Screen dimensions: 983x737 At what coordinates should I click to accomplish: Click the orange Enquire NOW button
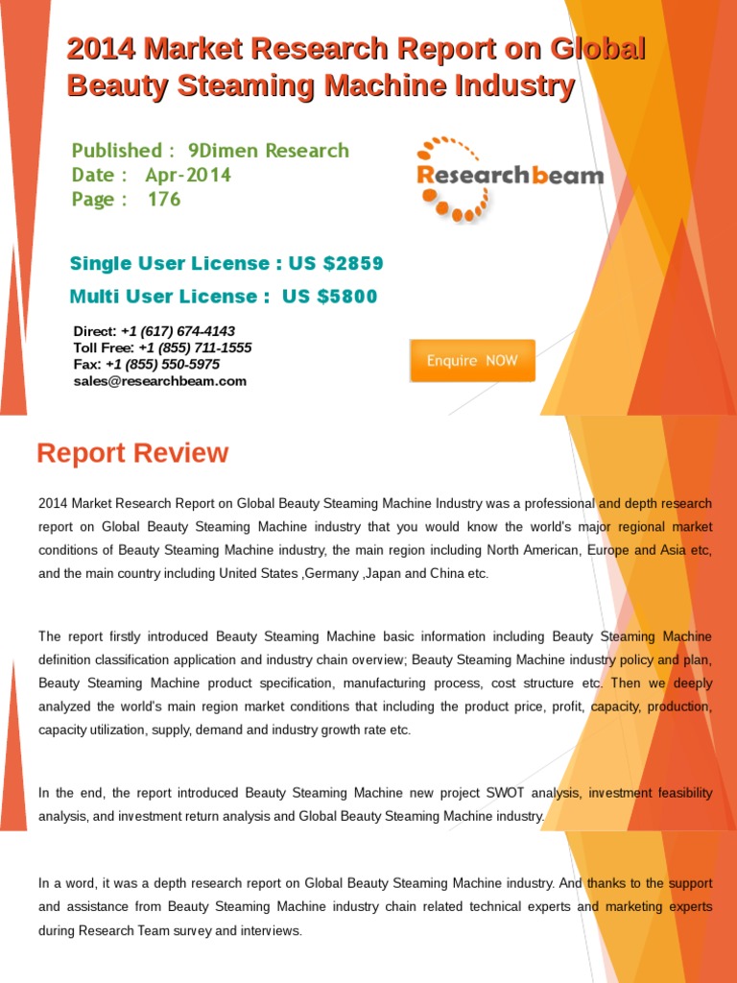[x=472, y=361]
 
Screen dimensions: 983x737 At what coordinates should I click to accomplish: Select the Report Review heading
[x=132, y=453]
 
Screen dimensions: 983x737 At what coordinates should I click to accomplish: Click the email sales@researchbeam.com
[x=160, y=381]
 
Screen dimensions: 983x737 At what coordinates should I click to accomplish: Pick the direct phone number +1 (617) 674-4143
[x=178, y=331]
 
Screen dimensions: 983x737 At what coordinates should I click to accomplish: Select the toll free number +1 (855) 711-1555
[x=195, y=348]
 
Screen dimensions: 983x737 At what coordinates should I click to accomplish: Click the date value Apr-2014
[x=188, y=175]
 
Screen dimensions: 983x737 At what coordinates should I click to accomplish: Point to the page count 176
[x=164, y=200]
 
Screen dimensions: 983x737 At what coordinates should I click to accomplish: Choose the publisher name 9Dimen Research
[x=269, y=151]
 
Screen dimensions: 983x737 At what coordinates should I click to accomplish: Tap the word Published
[x=116, y=151]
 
